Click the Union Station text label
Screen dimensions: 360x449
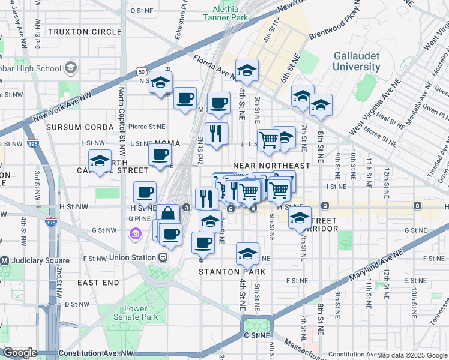click(133, 257)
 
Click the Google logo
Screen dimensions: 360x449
click(20, 353)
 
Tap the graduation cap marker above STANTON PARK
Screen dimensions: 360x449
click(247, 254)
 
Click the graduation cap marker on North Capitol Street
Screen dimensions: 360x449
click(100, 160)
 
